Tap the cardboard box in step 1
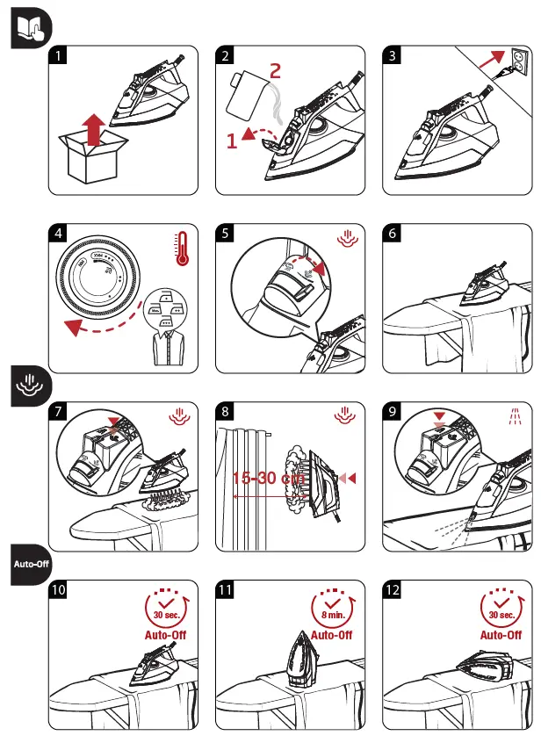tap(90, 160)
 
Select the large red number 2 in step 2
tap(275, 71)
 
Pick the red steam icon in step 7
tap(181, 413)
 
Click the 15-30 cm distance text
tap(268, 479)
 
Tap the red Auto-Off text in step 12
tap(501, 634)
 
